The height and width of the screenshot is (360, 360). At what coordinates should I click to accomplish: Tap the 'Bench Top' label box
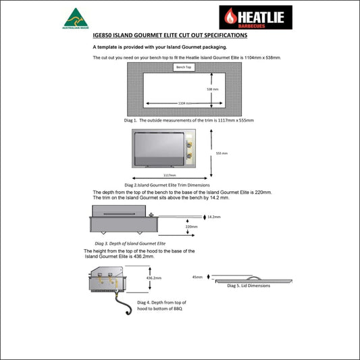(x=182, y=68)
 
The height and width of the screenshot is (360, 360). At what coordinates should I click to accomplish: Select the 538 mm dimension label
(x=213, y=89)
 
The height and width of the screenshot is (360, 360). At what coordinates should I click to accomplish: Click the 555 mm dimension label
(x=222, y=153)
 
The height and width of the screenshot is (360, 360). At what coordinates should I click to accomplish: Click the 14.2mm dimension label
(x=214, y=217)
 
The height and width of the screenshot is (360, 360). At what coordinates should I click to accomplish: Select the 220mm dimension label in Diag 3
(x=192, y=227)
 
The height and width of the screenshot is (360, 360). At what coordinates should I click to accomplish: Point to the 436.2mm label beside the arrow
(x=154, y=278)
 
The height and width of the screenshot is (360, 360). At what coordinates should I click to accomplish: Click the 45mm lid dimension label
(x=197, y=277)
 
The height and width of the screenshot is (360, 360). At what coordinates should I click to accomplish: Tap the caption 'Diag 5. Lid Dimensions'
(x=248, y=286)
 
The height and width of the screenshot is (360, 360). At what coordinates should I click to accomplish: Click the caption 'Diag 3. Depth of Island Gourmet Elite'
(x=130, y=242)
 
